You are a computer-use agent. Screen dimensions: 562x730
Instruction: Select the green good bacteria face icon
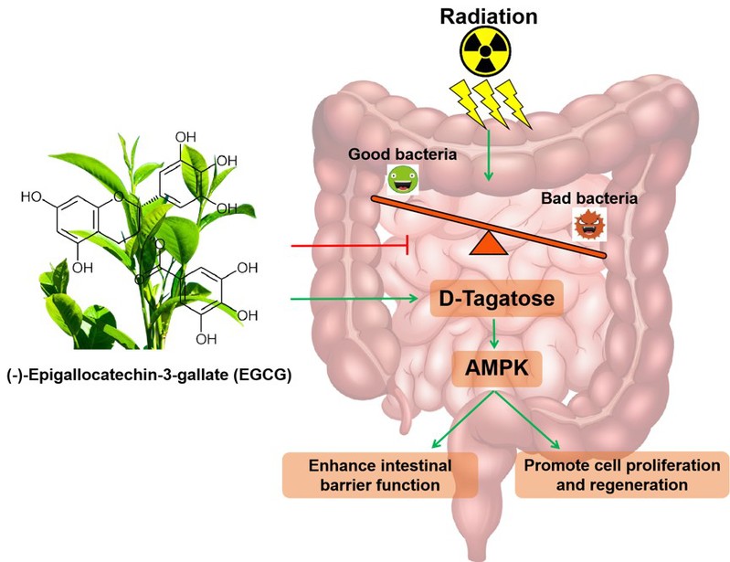[400, 180]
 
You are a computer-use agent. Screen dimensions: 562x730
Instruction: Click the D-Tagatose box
[494, 299]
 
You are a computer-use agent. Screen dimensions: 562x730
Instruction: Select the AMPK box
[494, 370]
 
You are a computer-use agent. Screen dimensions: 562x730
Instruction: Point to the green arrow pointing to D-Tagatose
[356, 298]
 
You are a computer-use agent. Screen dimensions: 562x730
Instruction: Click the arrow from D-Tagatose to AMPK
[494, 334]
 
